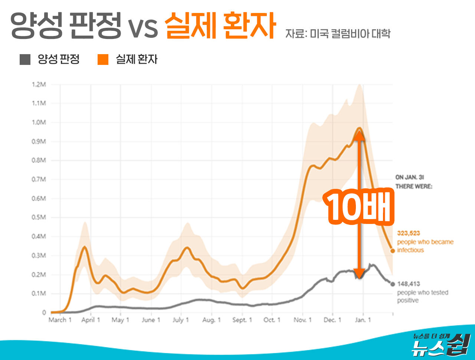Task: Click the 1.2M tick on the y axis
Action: (x=38, y=84)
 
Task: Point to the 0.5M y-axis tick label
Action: (x=38, y=217)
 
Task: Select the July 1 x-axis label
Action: (x=180, y=320)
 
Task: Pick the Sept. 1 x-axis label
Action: (x=242, y=320)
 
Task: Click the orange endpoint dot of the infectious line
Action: (x=393, y=251)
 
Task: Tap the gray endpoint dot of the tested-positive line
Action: (x=393, y=284)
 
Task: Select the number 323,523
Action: (x=408, y=233)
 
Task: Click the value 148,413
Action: (x=408, y=284)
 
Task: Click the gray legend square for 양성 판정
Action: (x=25, y=59)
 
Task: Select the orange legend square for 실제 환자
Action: (x=103, y=59)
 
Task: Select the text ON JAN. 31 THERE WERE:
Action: (x=414, y=182)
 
